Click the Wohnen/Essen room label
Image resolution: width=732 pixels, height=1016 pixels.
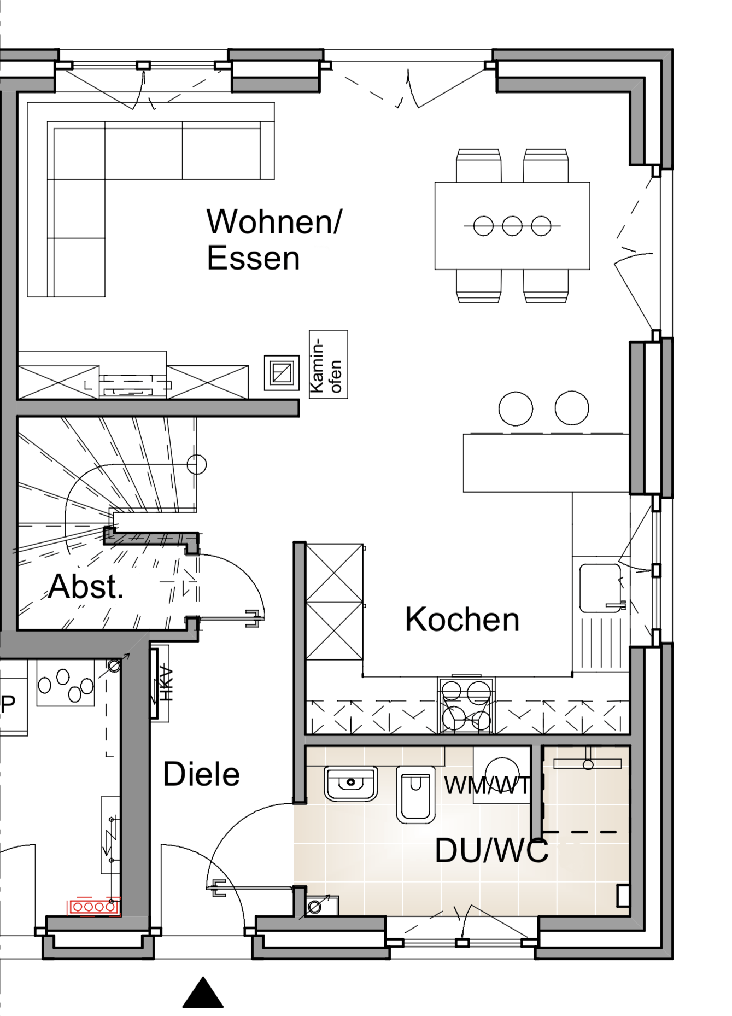click(274, 240)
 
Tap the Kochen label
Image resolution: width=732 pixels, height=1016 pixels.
click(462, 620)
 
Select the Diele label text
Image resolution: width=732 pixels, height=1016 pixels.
click(202, 774)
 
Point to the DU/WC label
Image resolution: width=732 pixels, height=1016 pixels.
click(491, 851)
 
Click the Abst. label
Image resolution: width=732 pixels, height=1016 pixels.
click(86, 586)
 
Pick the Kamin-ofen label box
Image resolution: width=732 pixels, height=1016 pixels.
click(329, 364)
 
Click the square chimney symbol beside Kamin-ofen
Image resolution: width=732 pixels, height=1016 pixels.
click(282, 373)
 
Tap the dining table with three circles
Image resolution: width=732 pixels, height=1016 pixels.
click(512, 226)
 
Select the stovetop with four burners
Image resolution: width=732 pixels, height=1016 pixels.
click(466, 705)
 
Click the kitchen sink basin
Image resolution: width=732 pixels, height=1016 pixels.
click(601, 588)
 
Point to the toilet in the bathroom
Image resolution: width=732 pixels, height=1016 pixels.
click(416, 795)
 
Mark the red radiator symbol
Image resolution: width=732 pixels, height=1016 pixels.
click(94, 907)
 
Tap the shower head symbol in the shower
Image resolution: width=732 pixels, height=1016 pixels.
click(588, 764)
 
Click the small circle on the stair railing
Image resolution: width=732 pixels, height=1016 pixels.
click(197, 465)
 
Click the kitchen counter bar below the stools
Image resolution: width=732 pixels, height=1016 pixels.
click(546, 463)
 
